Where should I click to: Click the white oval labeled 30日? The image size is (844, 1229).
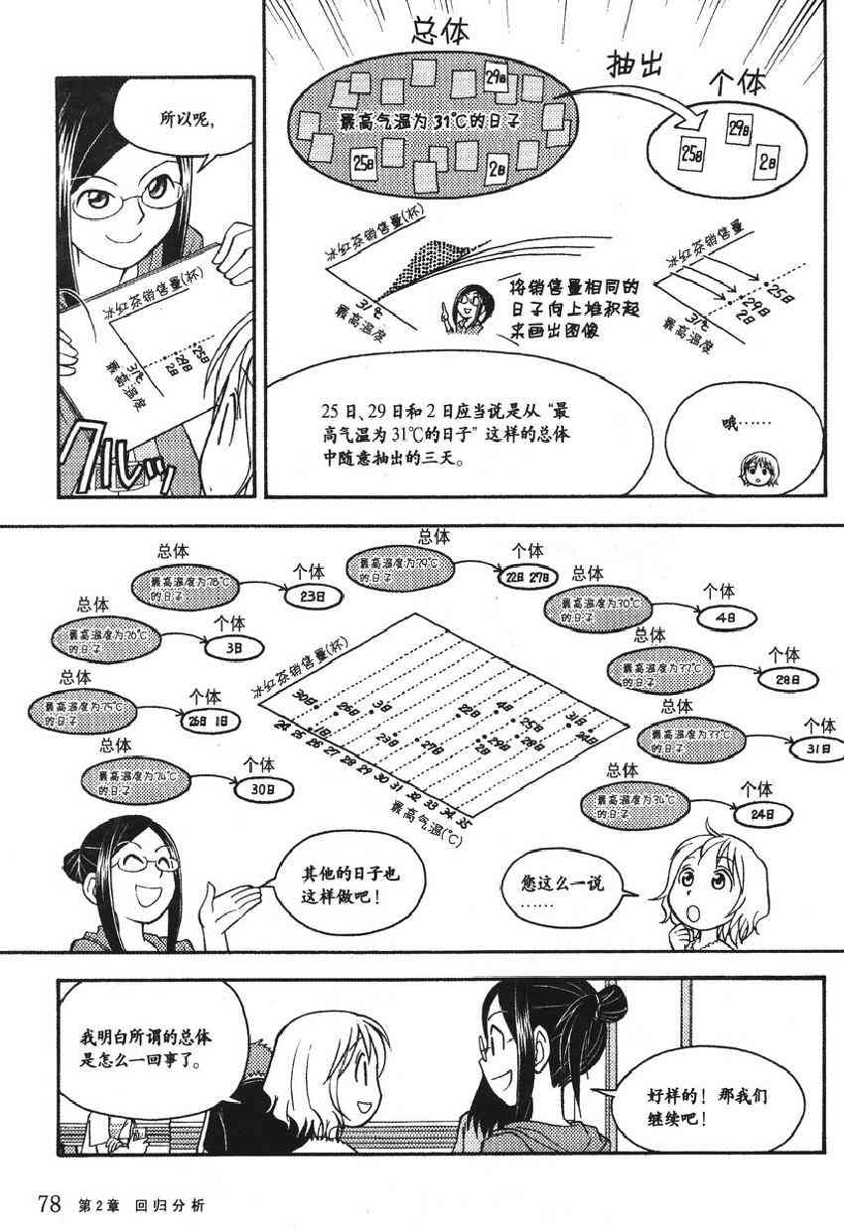coord(261,791)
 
